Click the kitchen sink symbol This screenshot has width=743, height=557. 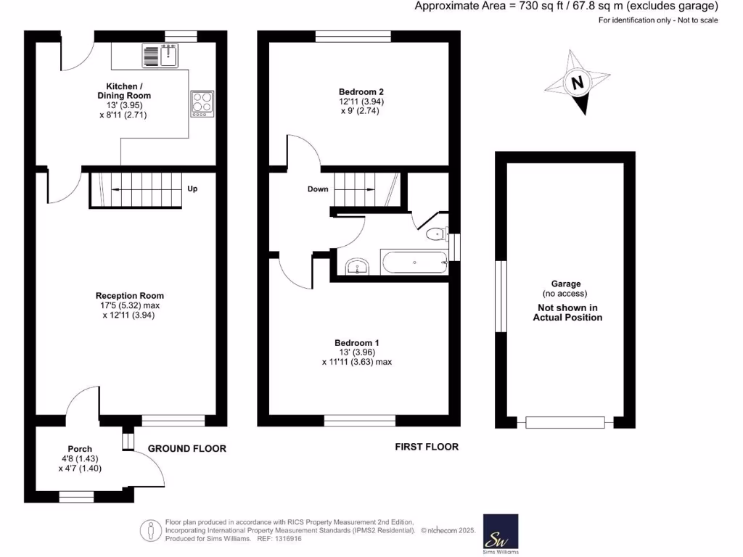coord(160,55)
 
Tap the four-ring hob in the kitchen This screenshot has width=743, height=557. coord(202,103)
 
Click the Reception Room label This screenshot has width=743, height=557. coord(130,296)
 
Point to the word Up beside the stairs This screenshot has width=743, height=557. coord(192,189)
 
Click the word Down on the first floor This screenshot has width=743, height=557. coord(318,189)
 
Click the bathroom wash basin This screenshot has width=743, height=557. coord(357,267)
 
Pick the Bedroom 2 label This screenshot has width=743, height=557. coord(361,92)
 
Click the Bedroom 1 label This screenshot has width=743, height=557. coord(356,343)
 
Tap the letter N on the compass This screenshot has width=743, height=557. coord(578,83)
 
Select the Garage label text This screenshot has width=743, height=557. coord(566,284)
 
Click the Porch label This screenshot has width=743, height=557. coord(80,449)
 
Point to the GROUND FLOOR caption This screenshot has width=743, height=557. coord(187,449)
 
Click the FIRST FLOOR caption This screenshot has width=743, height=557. coord(427,447)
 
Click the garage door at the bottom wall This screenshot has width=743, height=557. coord(565,422)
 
